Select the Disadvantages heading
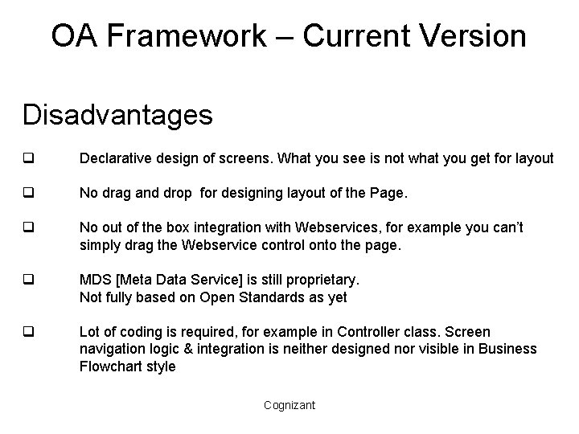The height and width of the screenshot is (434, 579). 117,114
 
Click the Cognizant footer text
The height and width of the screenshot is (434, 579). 289,405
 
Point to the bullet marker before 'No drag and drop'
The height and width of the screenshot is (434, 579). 27,194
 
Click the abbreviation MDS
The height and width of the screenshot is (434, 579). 93,280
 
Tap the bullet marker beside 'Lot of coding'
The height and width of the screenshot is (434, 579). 27,332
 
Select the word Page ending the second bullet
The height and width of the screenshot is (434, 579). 389,194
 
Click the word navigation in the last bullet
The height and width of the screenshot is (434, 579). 113,349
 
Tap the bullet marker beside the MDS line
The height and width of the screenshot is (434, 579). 27,280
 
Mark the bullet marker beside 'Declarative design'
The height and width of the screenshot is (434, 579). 27,159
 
